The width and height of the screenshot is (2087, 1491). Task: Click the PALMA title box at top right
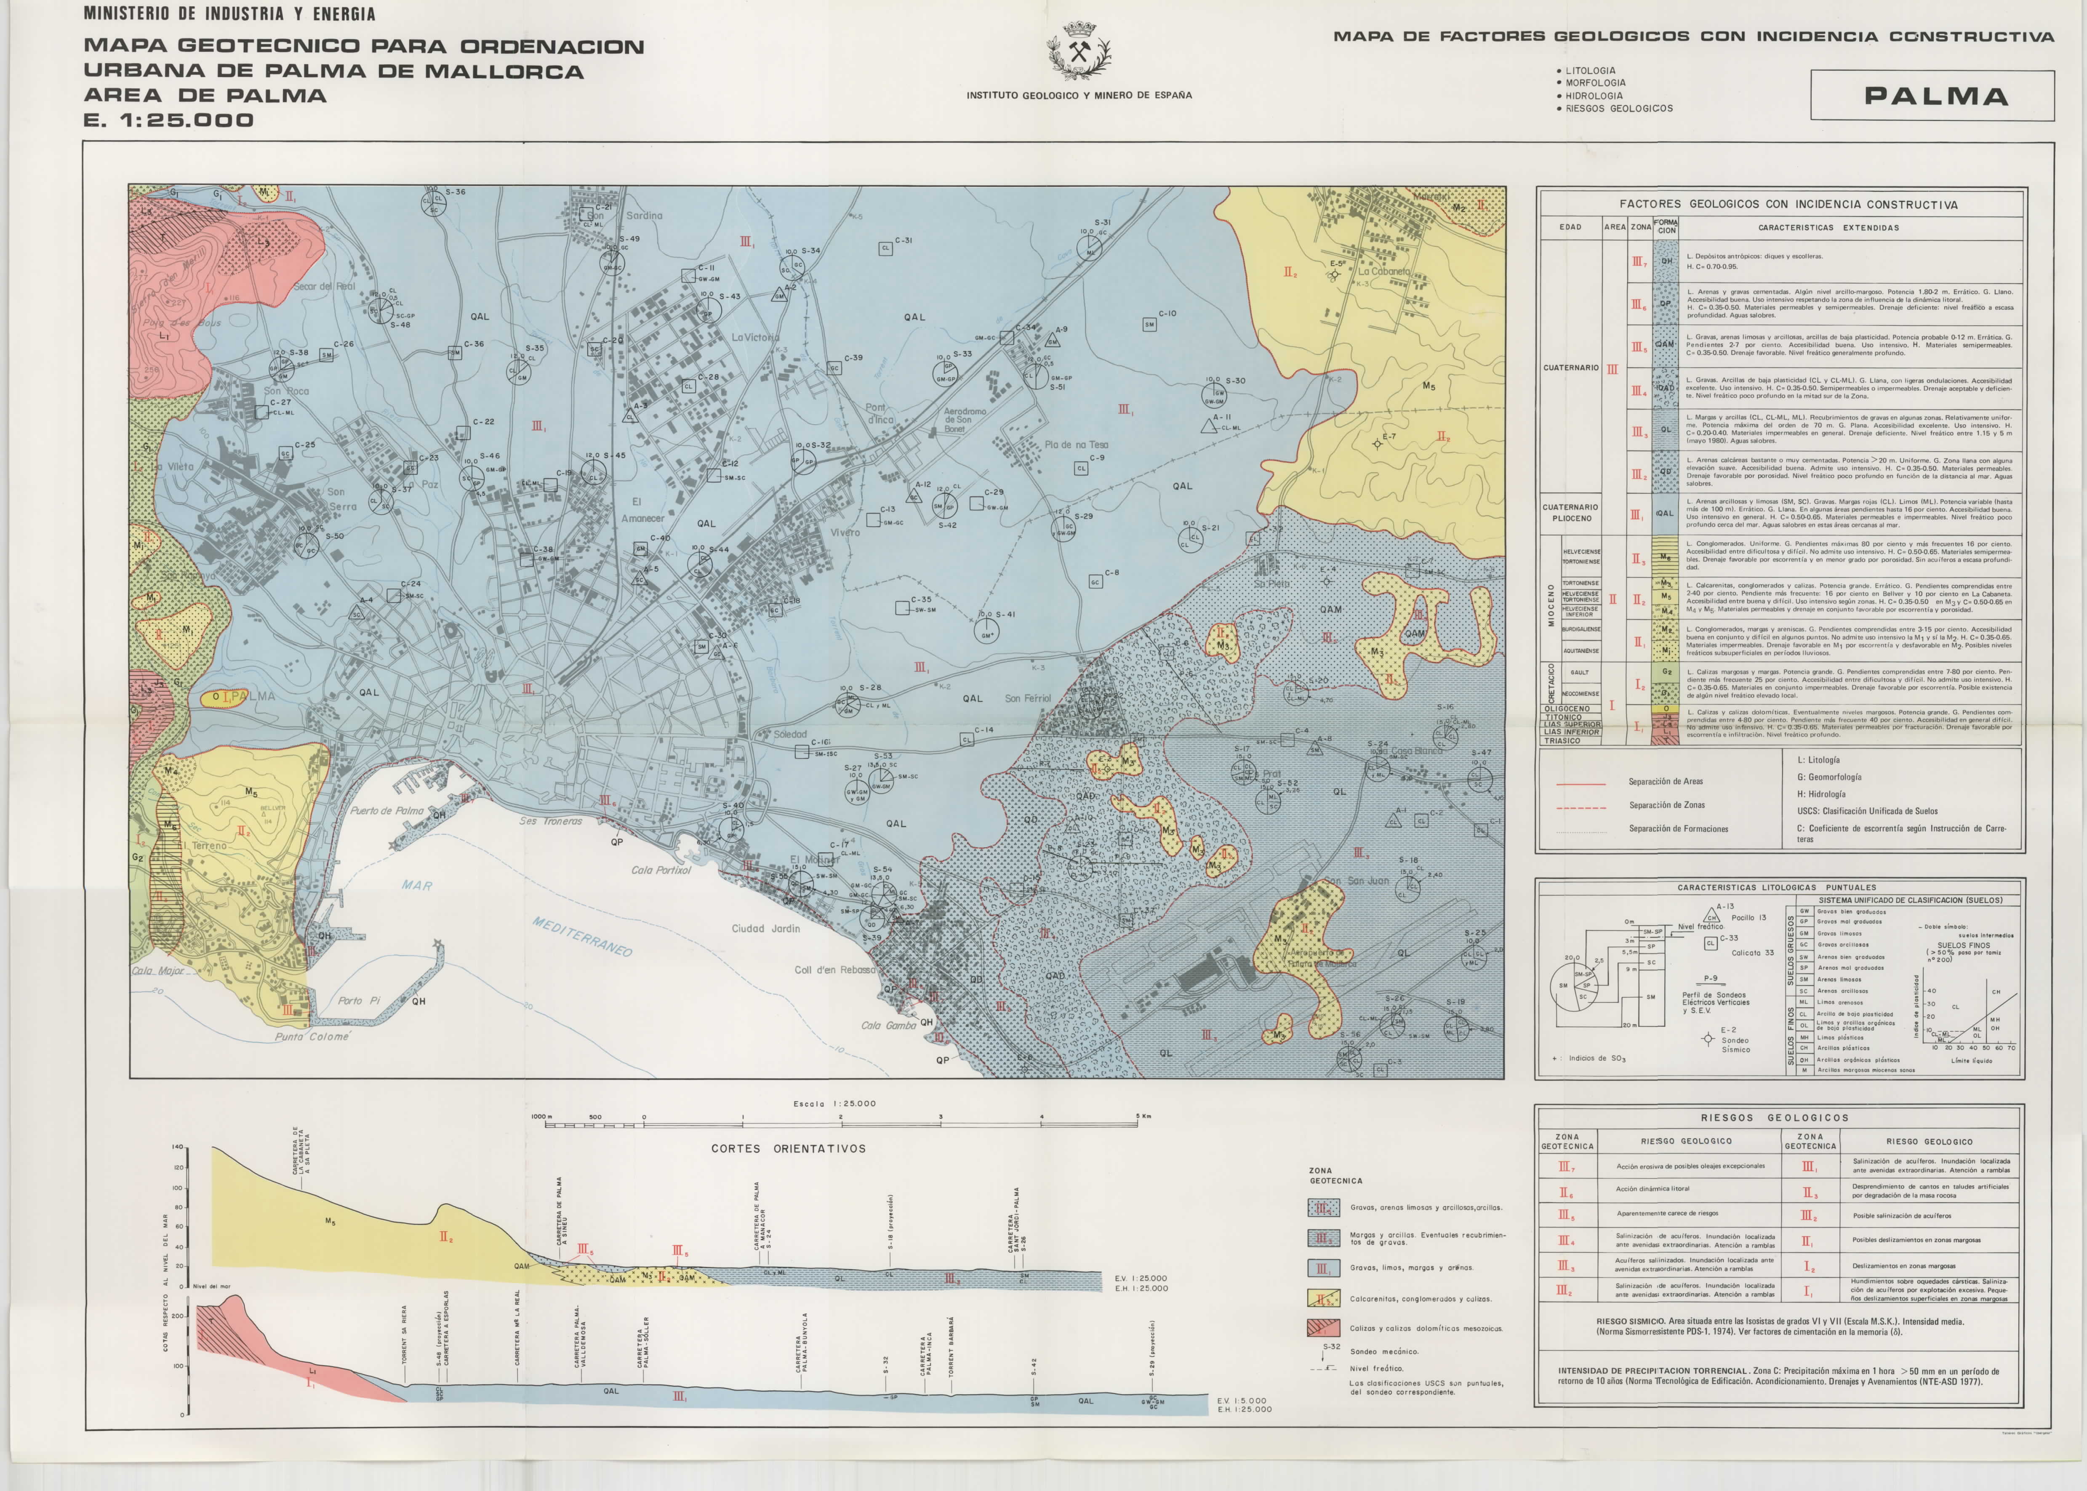click(1932, 96)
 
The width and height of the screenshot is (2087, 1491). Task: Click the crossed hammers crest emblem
click(1079, 52)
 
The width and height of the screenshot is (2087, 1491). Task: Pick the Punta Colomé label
click(312, 1036)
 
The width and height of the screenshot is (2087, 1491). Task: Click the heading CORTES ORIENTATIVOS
click(788, 1148)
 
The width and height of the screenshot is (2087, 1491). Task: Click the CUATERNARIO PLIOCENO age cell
click(1570, 512)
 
